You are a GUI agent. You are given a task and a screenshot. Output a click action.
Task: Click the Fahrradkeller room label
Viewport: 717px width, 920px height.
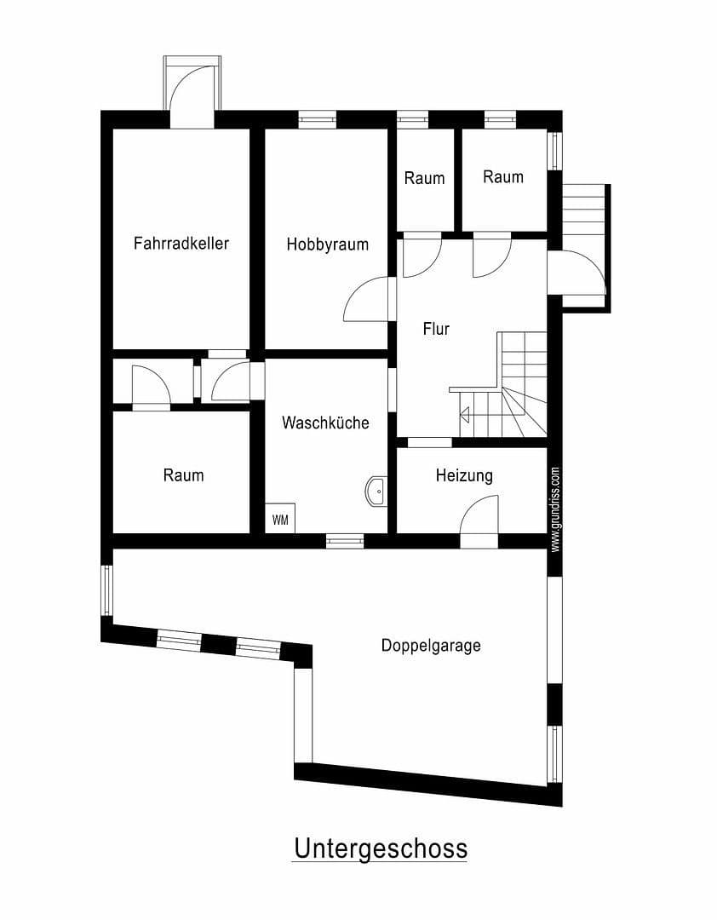[x=181, y=244]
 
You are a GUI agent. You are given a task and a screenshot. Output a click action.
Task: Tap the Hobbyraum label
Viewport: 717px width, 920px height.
[x=327, y=244]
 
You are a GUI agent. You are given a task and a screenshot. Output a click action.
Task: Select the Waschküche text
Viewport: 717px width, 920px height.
[x=325, y=423]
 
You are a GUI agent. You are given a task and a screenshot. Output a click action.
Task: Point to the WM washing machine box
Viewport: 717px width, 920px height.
[x=280, y=519]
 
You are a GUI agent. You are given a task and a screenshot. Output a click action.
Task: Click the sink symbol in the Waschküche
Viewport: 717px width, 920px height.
[x=376, y=492]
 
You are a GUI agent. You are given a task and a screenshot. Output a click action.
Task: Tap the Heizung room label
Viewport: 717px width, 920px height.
[x=464, y=475]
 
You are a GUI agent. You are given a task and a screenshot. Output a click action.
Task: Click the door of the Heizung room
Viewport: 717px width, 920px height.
[x=479, y=520]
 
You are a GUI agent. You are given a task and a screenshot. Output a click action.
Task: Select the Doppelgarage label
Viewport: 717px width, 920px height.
[x=430, y=646]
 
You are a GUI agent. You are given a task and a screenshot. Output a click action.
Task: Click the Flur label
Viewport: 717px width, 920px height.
[x=436, y=329]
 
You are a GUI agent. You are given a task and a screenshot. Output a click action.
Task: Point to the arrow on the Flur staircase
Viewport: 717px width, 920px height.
[x=464, y=416]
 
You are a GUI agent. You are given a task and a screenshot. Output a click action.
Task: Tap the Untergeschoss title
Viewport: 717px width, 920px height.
[x=380, y=848]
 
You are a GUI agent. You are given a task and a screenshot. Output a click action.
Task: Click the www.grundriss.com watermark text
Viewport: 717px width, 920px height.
[x=555, y=509]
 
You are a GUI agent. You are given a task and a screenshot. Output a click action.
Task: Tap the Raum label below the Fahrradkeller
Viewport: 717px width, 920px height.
[x=183, y=475]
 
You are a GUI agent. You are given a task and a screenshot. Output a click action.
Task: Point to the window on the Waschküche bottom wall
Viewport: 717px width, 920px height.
[x=345, y=540]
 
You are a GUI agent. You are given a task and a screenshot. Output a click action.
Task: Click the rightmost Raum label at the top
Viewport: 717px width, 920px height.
[x=502, y=177]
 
